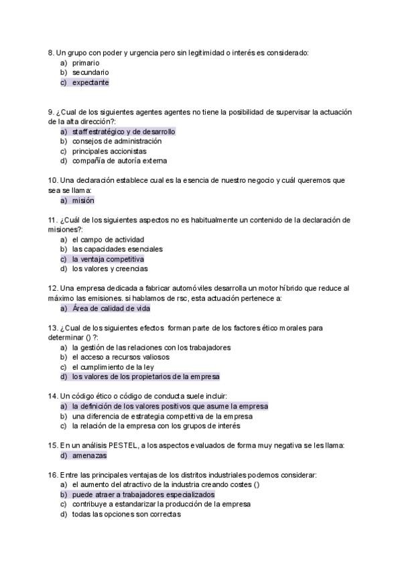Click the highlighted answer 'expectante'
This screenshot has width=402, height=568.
point(90,82)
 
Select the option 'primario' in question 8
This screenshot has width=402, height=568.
point(86,62)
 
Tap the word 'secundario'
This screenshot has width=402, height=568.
point(90,72)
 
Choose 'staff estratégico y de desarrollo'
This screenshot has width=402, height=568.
point(124,132)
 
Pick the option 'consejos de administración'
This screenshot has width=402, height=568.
point(117,141)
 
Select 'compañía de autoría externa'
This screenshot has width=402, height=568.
point(120,161)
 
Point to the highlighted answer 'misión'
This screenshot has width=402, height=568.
point(83,200)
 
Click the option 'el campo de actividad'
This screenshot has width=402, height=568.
point(109,239)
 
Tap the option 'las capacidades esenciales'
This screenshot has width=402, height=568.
point(118,249)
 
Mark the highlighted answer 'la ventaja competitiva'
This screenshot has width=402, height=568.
point(108,259)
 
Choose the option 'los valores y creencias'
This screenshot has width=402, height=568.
point(111,269)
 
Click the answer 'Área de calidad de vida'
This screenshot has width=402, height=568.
point(111,308)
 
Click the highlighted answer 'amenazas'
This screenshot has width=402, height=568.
point(90,455)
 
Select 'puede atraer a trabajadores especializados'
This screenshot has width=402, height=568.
point(143,494)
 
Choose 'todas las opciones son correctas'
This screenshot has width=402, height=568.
point(127,514)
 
